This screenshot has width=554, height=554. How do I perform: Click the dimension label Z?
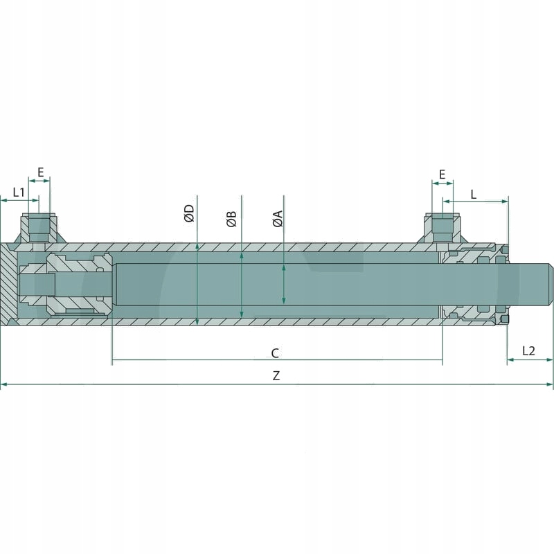276,376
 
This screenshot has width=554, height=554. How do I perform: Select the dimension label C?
275,353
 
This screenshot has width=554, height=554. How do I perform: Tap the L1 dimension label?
19,191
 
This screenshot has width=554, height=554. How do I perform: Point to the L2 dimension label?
528,350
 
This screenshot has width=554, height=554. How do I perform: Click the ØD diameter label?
189,213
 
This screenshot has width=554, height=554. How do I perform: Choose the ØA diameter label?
277,219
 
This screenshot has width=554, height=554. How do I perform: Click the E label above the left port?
40,172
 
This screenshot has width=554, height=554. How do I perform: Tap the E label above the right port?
442,174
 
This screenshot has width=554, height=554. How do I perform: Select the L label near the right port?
474,194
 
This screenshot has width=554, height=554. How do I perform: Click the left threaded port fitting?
39,229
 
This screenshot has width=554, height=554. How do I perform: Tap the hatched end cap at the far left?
9,284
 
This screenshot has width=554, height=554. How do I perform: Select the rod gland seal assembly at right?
474,284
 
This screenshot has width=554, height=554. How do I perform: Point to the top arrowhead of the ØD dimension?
198,246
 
